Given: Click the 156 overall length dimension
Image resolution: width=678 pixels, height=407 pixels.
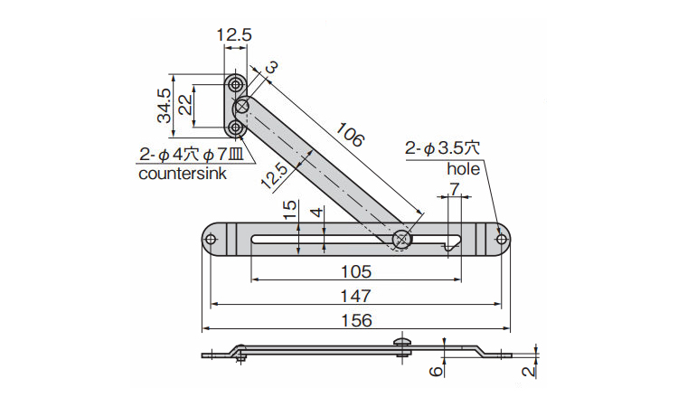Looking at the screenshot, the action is (356, 320).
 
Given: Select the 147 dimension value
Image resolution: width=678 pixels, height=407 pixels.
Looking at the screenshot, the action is (355, 297).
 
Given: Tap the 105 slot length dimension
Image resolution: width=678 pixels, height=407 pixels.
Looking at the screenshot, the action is (356, 271).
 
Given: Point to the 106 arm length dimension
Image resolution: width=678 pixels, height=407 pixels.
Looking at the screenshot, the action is (350, 135).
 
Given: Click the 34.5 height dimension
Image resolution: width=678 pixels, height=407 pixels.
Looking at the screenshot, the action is (165, 106).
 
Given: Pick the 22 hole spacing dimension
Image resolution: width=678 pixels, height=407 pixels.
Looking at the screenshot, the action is (185, 105).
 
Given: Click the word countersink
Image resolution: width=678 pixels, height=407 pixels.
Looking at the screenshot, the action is (183, 174).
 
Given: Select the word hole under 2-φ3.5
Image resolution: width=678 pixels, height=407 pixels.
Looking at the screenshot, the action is (463, 169).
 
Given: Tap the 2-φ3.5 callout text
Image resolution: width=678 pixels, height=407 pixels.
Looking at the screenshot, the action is (442, 149).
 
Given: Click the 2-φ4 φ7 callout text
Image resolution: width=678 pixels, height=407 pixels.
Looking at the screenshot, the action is (192, 155).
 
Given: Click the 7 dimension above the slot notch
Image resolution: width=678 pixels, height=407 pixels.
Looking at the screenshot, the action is (454, 189).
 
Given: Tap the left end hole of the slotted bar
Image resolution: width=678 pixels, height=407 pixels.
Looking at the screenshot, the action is (211, 239).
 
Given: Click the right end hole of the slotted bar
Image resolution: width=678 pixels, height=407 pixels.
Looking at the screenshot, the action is (501, 239).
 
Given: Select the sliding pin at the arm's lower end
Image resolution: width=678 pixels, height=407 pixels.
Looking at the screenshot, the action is (402, 239).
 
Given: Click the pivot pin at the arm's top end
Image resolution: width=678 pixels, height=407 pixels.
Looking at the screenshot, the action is (241, 106).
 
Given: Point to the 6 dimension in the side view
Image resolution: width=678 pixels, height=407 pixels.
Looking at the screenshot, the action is (437, 371).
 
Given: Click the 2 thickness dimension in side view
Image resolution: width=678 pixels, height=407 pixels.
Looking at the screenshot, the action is (529, 371).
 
